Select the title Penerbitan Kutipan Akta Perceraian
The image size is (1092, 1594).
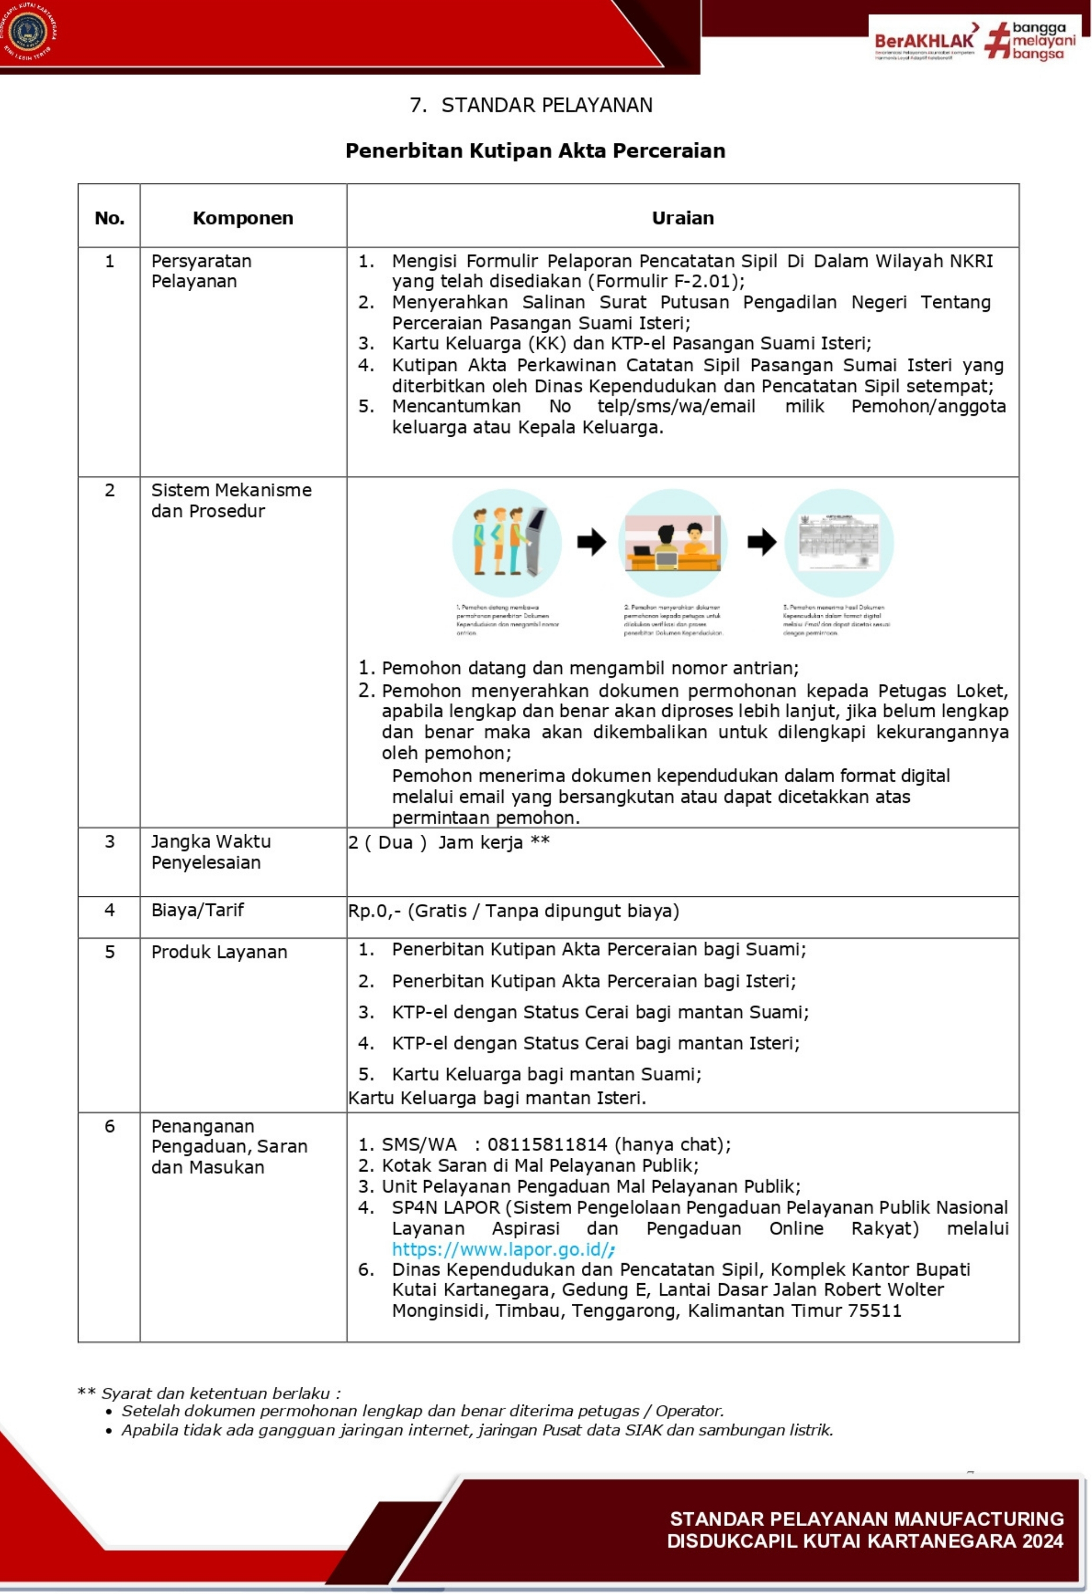pyautogui.click(x=535, y=151)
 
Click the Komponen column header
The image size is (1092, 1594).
pyautogui.click(x=243, y=218)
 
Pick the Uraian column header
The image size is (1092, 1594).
pyautogui.click(x=682, y=218)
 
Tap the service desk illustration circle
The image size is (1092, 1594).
pyautogui.click(x=673, y=542)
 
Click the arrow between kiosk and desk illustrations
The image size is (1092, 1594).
pyautogui.click(x=591, y=542)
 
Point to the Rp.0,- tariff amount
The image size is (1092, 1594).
pyautogui.click(x=374, y=911)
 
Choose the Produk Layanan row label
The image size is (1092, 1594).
pyautogui.click(x=219, y=952)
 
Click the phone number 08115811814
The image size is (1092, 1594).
pyautogui.click(x=547, y=1144)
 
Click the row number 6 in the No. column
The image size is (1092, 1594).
pyautogui.click(x=110, y=1126)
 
